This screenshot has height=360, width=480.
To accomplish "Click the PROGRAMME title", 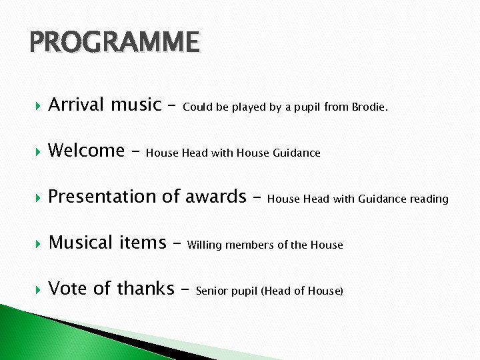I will click(114, 43).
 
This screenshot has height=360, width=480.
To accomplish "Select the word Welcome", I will click(86, 151).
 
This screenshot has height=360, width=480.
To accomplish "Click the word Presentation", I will click(102, 197).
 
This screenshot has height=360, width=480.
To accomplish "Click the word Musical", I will click(80, 243).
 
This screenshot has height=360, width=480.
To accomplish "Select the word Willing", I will click(204, 245).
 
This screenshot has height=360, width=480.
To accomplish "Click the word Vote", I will click(68, 289).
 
